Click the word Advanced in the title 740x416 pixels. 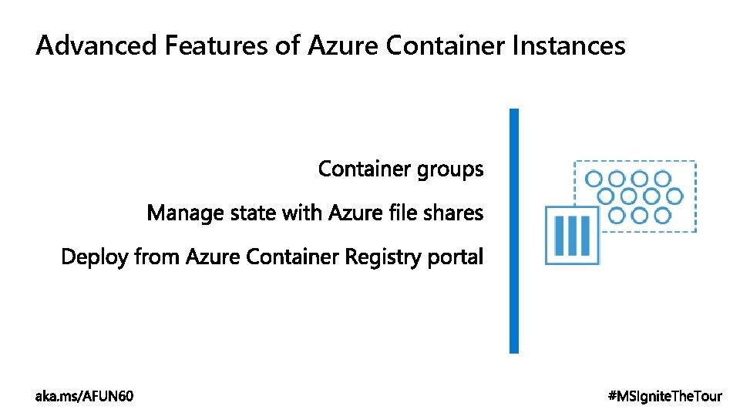[96, 46]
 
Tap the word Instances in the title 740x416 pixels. [568, 46]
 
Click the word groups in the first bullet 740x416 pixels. [450, 169]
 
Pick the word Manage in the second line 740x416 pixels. [186, 213]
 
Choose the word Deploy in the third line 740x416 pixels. [95, 257]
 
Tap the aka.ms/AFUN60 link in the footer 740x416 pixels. [84, 397]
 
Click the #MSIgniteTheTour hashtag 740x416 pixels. [665, 397]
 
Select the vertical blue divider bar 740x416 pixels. [514, 231]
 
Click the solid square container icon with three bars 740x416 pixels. [571, 235]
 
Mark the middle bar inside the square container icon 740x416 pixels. [571, 235]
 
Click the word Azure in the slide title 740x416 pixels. [342, 46]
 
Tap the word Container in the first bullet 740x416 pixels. [365, 169]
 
